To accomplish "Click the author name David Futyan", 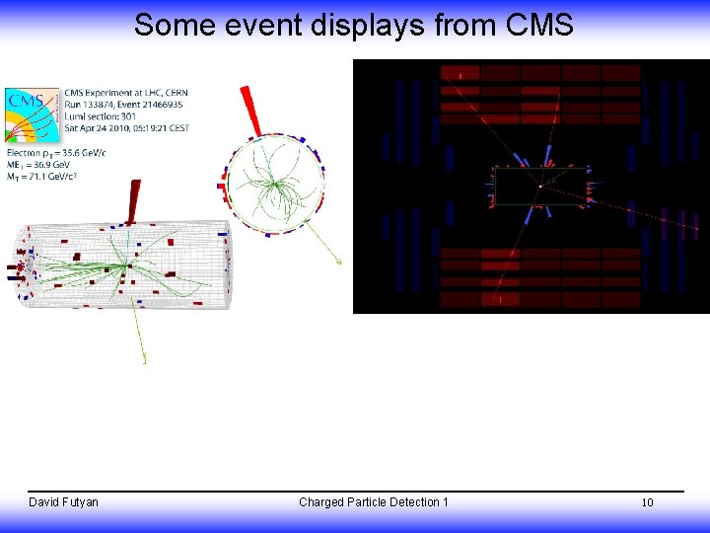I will [63, 502].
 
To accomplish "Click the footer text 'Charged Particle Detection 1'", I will [373, 502].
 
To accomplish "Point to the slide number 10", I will [647, 502].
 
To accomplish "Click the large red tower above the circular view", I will [250, 109].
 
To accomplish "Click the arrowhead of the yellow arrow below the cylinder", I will [144, 361].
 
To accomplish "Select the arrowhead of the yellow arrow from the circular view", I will [339, 263].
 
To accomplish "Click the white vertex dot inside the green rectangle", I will [539, 186].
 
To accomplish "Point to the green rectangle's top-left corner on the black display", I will [495, 169].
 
